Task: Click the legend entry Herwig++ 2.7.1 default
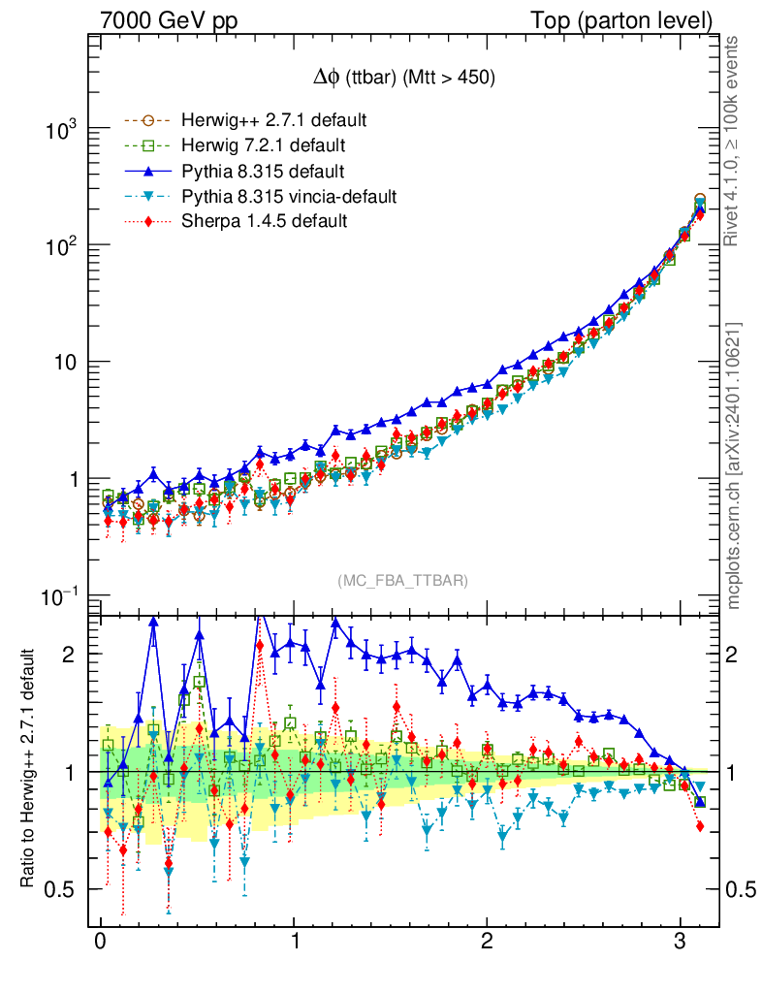[x=273, y=121]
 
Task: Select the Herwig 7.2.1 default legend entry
[x=264, y=146]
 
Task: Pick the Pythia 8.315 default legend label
[x=263, y=172]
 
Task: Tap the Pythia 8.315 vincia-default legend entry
[x=288, y=197]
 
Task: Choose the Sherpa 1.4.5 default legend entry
[x=264, y=222]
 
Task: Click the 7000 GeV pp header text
[x=169, y=20]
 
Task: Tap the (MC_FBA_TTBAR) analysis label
[x=402, y=581]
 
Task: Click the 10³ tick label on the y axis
[x=59, y=129]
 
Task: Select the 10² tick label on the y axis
[x=59, y=245]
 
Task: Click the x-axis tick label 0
[x=100, y=944]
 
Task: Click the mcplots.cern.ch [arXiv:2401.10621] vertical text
[x=735, y=464]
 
